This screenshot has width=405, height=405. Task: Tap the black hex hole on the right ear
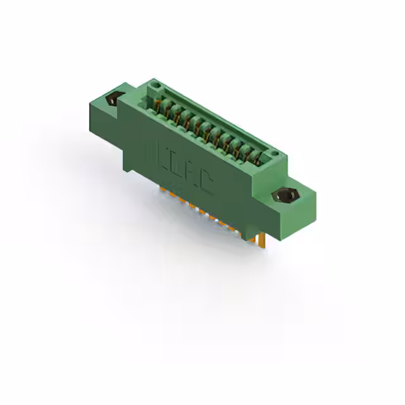tap(283, 196)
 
